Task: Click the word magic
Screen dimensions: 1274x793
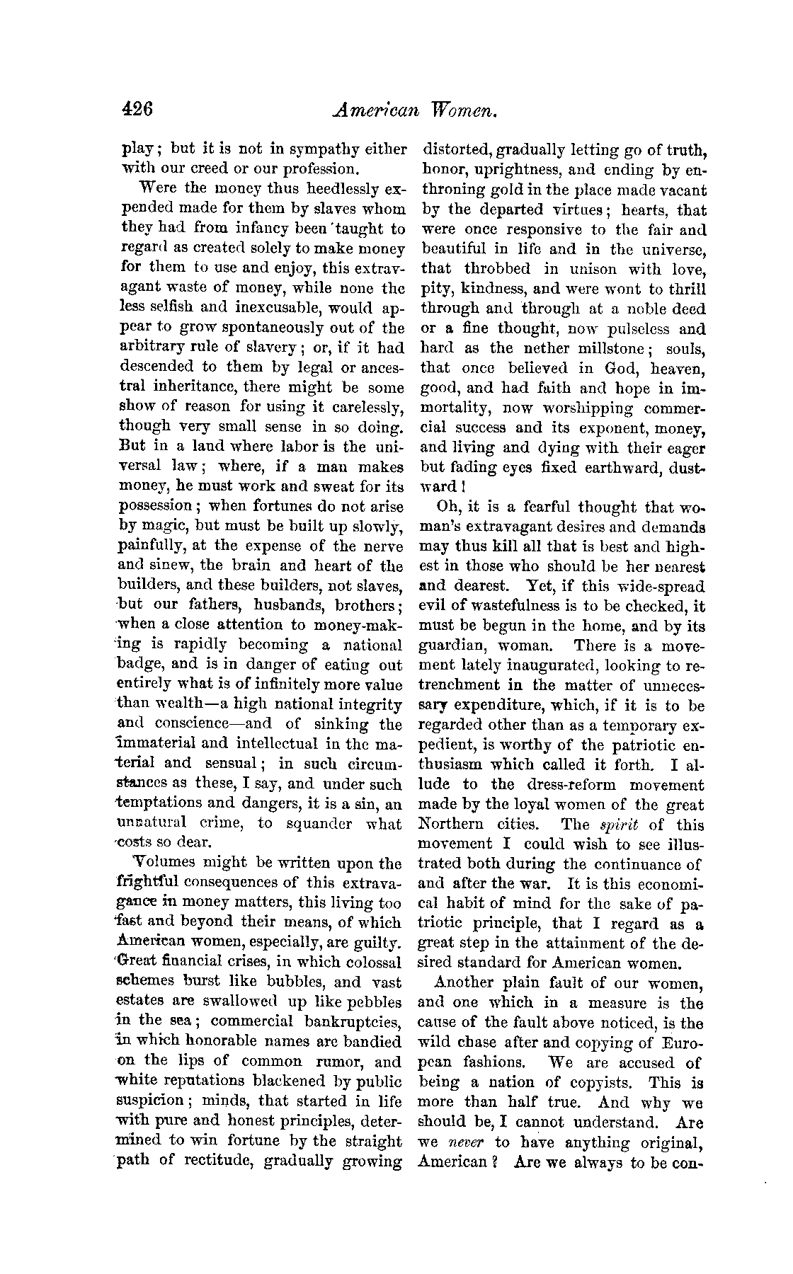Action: (x=159, y=527)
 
